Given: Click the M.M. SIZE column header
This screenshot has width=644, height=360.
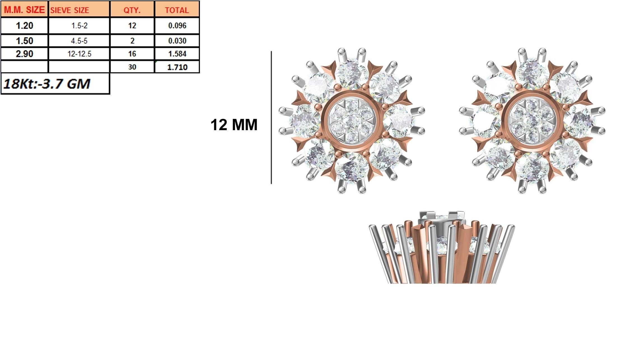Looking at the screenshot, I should [24, 10].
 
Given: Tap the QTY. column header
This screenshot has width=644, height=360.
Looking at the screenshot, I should [132, 10].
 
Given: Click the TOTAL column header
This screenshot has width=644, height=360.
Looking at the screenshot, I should [177, 10].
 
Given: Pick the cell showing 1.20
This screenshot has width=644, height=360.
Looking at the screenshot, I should [24, 26].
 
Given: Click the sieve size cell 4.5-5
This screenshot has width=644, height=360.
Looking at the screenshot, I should [79, 41].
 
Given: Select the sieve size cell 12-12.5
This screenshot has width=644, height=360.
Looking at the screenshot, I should [79, 54].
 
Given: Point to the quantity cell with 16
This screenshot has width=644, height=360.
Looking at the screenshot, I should [132, 54].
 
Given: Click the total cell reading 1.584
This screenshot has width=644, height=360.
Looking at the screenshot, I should [177, 54].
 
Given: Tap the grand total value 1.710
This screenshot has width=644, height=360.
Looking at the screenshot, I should [177, 67].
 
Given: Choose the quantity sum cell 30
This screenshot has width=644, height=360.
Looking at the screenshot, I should [132, 67].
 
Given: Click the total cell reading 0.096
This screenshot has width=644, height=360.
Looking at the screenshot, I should [177, 26].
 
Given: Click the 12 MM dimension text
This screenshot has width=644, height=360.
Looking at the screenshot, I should [234, 125].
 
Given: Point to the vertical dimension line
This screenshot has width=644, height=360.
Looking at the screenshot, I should [271, 118].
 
